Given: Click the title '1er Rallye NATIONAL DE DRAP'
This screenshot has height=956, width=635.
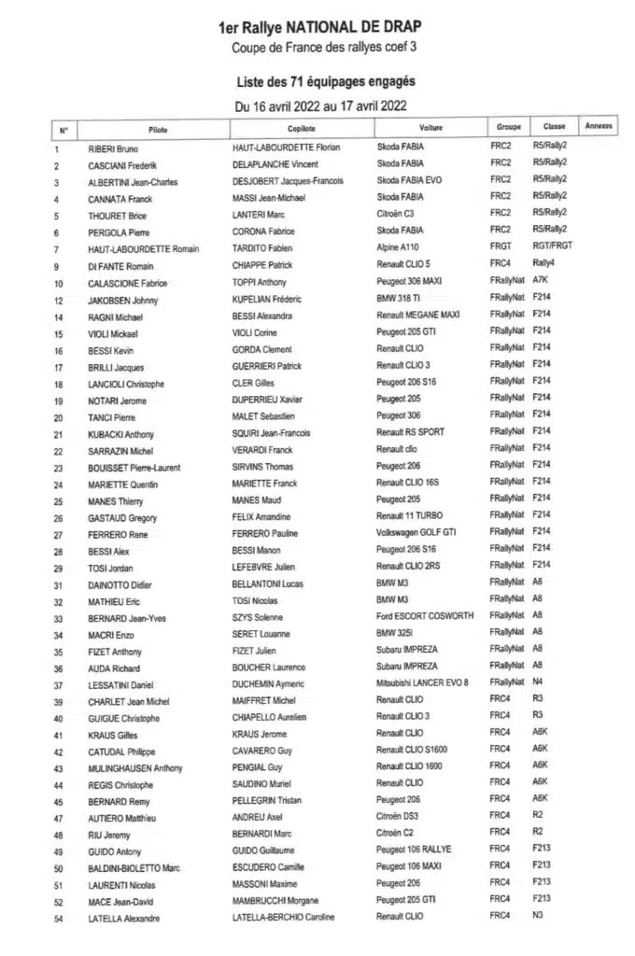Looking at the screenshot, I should [318, 30].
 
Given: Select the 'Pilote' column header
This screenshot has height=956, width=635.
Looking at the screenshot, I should [158, 128].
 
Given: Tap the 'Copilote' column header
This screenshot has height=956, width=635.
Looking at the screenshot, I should [302, 128].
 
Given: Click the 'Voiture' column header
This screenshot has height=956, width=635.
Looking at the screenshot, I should [430, 127].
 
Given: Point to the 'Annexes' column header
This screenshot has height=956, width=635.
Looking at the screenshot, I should [599, 126].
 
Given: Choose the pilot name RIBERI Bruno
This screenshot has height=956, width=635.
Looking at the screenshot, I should [113, 148].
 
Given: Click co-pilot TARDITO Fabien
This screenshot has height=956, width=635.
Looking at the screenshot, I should [261, 249].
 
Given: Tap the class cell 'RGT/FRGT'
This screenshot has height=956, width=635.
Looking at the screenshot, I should [553, 246].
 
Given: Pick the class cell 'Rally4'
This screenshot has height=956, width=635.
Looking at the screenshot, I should [543, 262].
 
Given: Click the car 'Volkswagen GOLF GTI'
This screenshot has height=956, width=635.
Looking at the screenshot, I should [416, 533].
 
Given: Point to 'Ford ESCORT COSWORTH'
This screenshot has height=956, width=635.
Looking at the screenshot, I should [425, 616].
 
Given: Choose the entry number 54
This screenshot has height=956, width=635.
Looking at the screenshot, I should [58, 919].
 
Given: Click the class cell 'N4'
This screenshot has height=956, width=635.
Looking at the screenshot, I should [538, 682].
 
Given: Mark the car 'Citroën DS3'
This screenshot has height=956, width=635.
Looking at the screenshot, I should [398, 816].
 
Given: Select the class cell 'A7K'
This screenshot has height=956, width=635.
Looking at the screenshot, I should [540, 279].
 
